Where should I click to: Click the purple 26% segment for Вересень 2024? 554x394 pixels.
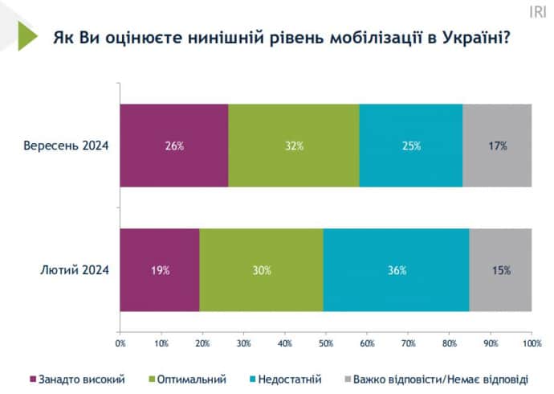pyautogui.click(x=174, y=146)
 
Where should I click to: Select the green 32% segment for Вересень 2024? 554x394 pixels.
pyautogui.click(x=294, y=146)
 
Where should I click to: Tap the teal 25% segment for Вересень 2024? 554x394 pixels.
pyautogui.click(x=411, y=146)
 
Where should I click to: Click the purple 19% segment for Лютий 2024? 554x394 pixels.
pyautogui.click(x=160, y=270)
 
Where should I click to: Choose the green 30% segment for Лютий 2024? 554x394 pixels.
pyautogui.click(x=262, y=270)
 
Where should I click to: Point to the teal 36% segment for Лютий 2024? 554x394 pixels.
pyautogui.click(x=397, y=270)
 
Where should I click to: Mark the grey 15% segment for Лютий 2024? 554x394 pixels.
pyautogui.click(x=501, y=270)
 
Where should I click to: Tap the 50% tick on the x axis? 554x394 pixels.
pyautogui.click(x=326, y=343)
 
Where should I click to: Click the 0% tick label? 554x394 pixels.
pyautogui.click(x=120, y=343)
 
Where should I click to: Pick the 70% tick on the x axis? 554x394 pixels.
pyautogui.click(x=408, y=343)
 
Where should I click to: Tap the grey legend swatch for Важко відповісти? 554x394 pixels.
pyautogui.click(x=348, y=378)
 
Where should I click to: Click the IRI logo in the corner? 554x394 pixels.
pyautogui.click(x=537, y=11)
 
